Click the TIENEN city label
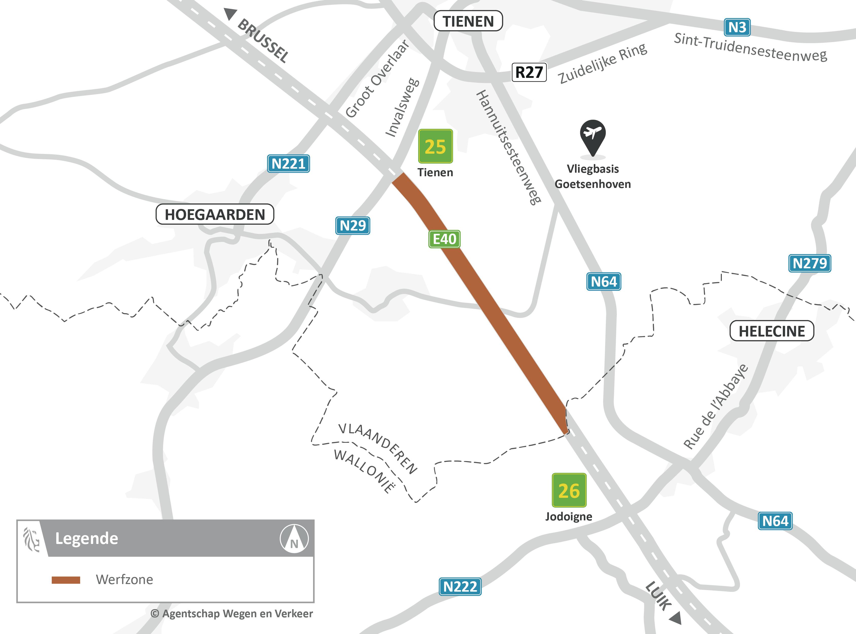click(x=468, y=21)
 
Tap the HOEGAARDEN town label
click(x=215, y=214)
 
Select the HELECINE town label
click(x=772, y=331)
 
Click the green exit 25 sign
click(x=435, y=146)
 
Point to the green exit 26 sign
click(x=569, y=490)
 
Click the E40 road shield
click(x=444, y=239)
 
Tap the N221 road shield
click(x=288, y=164)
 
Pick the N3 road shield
click(x=737, y=27)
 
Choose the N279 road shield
click(x=810, y=263)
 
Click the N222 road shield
click(x=460, y=586)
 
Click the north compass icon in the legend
click(x=294, y=538)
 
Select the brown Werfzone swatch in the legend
click(x=66, y=580)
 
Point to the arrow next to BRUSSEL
click(x=230, y=14)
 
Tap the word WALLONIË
click(x=364, y=470)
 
